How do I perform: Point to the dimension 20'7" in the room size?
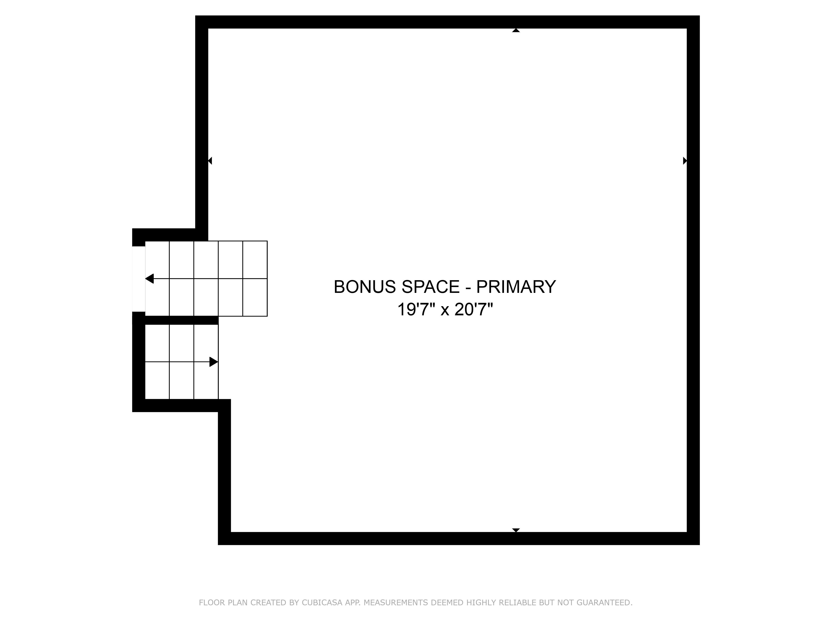(x=474, y=310)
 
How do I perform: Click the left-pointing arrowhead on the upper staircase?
(x=149, y=279)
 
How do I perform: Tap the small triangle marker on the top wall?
(x=516, y=30)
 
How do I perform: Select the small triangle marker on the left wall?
(x=210, y=161)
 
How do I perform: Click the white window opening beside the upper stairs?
(x=138, y=279)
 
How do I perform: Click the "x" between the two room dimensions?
(x=445, y=311)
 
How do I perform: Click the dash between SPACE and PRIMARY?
(x=468, y=288)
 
